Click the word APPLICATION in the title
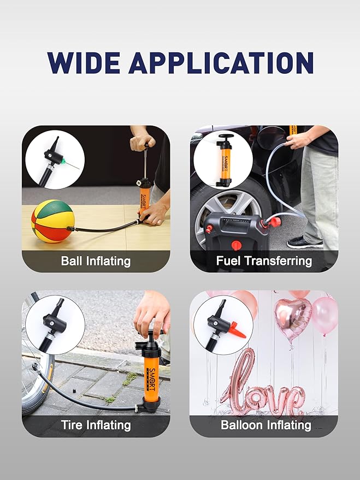[x=221, y=63]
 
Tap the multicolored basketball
[x=52, y=221]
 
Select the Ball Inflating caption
[x=96, y=260]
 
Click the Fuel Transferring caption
[x=264, y=260]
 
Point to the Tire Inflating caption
[x=96, y=424]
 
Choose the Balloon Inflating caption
[x=265, y=424]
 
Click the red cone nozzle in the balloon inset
[x=236, y=330]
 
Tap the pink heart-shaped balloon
[x=293, y=318]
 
